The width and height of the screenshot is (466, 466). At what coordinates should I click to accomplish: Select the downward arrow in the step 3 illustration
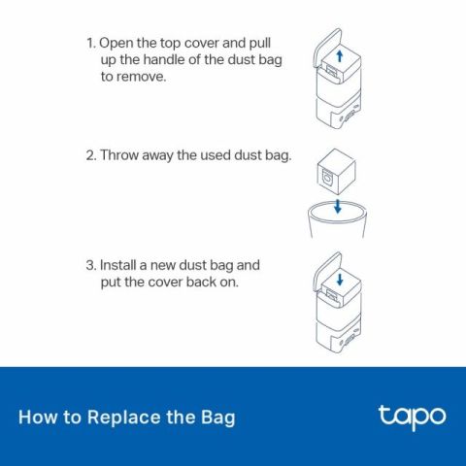point(339,279)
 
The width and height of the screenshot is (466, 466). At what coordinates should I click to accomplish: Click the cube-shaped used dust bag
point(332,176)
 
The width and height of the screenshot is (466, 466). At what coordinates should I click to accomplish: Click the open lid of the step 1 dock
point(327,50)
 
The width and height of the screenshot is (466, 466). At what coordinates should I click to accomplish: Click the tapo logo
point(412,416)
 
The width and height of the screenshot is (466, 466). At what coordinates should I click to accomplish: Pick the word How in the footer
point(37,418)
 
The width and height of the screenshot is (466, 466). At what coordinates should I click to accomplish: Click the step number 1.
point(90,44)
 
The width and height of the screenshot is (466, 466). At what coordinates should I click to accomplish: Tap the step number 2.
point(90,155)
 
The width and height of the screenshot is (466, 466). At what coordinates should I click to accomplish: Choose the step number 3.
point(90,265)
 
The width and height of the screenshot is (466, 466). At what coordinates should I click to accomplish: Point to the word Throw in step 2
point(120,155)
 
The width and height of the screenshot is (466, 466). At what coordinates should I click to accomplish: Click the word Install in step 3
point(121,265)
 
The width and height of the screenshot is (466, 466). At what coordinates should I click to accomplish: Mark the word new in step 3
point(173,265)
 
